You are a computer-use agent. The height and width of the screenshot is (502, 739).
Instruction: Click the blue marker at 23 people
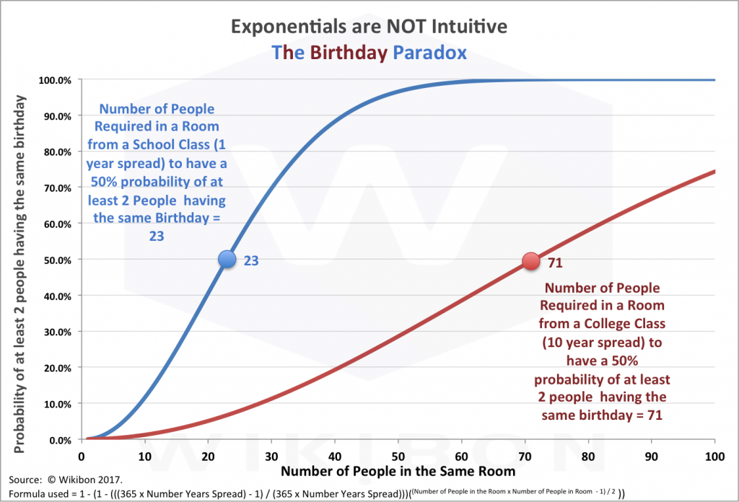pyautogui.click(x=227, y=259)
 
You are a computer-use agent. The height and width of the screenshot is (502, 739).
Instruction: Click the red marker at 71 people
pyautogui.click(x=531, y=262)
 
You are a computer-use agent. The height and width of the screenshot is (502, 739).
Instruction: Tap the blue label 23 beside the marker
pyautogui.click(x=250, y=261)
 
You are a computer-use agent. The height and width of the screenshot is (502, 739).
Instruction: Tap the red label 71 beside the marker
pyautogui.click(x=555, y=263)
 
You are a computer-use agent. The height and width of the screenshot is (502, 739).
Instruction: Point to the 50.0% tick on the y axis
pyautogui.click(x=56, y=260)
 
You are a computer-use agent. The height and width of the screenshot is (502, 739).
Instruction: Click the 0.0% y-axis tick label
pyautogui.click(x=58, y=439)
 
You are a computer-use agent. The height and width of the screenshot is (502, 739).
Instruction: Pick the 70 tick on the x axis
pyautogui.click(x=525, y=456)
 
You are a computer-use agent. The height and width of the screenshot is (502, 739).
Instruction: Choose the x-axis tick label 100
pyautogui.click(x=714, y=456)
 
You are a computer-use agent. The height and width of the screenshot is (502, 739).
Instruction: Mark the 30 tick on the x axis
pyautogui.click(x=271, y=456)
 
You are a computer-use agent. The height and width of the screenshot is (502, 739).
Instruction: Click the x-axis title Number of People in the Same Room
pyautogui.click(x=398, y=472)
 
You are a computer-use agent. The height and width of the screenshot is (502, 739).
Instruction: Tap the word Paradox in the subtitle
pyautogui.click(x=429, y=53)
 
